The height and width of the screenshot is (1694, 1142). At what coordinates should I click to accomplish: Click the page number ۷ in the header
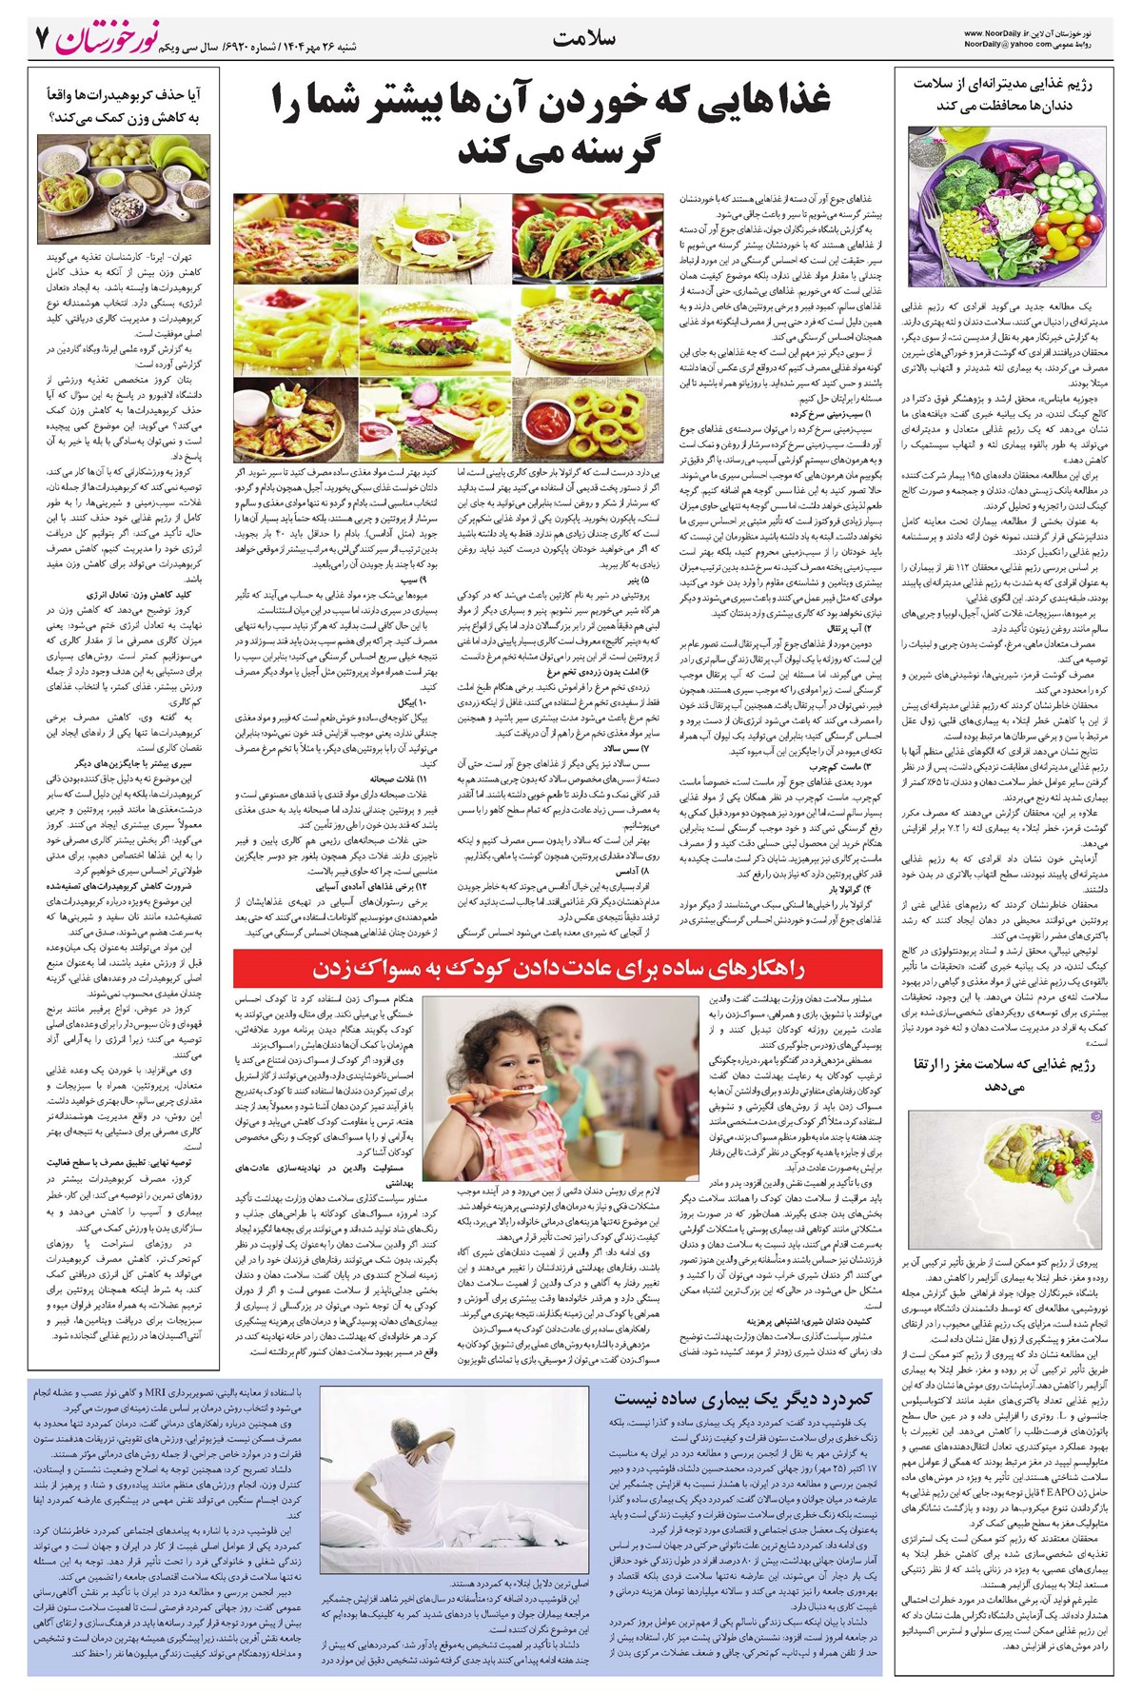[x=41, y=39]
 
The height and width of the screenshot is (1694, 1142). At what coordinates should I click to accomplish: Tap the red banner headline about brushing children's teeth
[x=560, y=969]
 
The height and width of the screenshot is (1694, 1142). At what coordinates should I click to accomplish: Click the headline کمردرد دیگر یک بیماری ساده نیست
[x=742, y=1398]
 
